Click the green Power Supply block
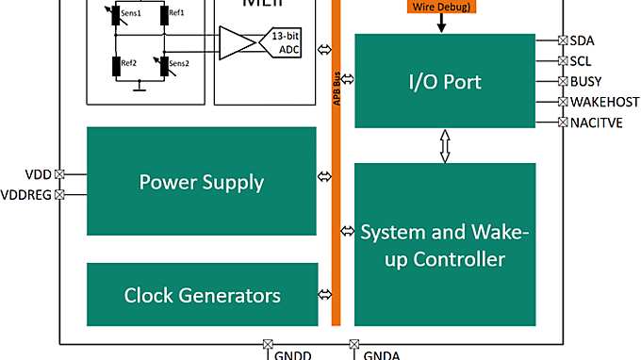coord(201,181)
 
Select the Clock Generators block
coord(201,295)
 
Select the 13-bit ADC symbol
coord(283,44)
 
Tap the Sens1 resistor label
coord(129,13)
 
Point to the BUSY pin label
coord(587,81)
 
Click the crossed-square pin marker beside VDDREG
coord(59,195)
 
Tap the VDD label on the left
coord(38,174)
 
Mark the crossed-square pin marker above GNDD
coord(266,344)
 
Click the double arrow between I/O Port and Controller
coord(445,145)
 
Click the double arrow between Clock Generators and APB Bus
coord(324,294)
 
